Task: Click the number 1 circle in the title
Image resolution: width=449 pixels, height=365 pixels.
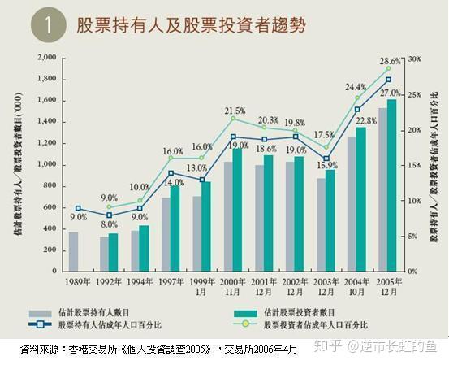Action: pos(48,25)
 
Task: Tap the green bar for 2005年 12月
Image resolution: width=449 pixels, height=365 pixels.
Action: pos(391,185)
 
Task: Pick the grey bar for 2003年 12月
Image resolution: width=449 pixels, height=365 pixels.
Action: pos(322,224)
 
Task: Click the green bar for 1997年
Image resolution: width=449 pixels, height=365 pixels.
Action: pos(175,228)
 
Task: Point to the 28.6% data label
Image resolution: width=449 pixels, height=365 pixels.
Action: pos(391,61)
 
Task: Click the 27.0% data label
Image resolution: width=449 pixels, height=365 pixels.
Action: pos(390,94)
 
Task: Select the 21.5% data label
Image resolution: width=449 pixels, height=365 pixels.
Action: pos(235,111)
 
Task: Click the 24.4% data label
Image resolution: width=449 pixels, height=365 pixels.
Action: pos(355,87)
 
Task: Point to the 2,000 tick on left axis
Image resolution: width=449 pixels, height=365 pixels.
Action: pos(46,58)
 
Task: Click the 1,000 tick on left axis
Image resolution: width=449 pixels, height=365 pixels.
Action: pos(46,164)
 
